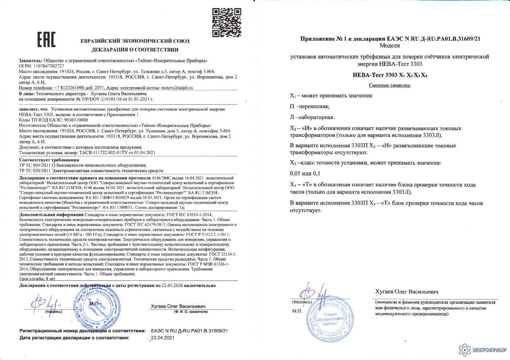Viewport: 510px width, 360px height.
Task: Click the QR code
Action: click(x=227, y=22)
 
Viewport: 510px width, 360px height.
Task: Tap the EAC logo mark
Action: click(x=46, y=40)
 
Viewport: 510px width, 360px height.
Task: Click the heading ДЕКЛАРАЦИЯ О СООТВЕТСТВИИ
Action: click(x=135, y=50)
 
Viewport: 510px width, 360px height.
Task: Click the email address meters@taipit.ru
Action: click(x=177, y=88)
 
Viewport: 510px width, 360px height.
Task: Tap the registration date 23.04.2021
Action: click(x=162, y=337)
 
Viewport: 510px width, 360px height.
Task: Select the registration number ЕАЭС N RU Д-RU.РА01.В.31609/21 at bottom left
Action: click(x=189, y=331)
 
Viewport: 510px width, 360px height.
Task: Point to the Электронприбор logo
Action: click(x=482, y=350)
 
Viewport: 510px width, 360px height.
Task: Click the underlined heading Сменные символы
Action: click(x=389, y=85)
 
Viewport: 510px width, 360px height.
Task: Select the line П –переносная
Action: click(x=310, y=106)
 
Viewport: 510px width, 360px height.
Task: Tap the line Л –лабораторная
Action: click(x=312, y=117)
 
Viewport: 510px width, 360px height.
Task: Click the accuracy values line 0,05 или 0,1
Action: click(x=305, y=173)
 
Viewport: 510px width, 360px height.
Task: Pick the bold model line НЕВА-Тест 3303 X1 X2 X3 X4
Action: click(x=390, y=75)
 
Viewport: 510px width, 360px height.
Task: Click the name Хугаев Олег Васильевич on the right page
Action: click(x=407, y=292)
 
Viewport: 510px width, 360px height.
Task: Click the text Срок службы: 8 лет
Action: click(x=37, y=278)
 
